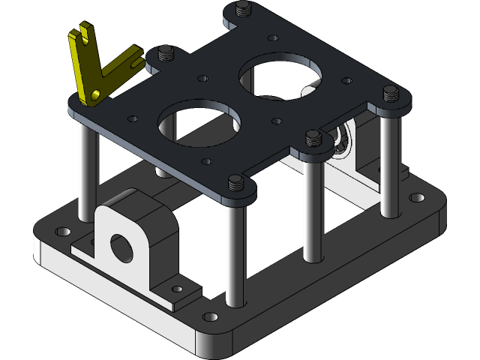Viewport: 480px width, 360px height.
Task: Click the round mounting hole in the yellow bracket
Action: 95,93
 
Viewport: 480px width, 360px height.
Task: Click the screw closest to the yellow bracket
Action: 164,54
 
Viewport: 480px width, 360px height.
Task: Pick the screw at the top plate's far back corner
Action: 241,10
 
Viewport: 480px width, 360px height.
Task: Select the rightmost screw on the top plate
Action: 391,93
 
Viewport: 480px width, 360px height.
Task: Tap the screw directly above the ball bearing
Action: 313,136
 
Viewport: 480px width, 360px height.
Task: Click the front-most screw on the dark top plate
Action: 236,181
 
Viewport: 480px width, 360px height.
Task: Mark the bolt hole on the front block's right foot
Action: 177,288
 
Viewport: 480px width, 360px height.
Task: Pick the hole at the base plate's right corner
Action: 415,199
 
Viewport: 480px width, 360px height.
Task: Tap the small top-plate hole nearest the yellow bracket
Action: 133,118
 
